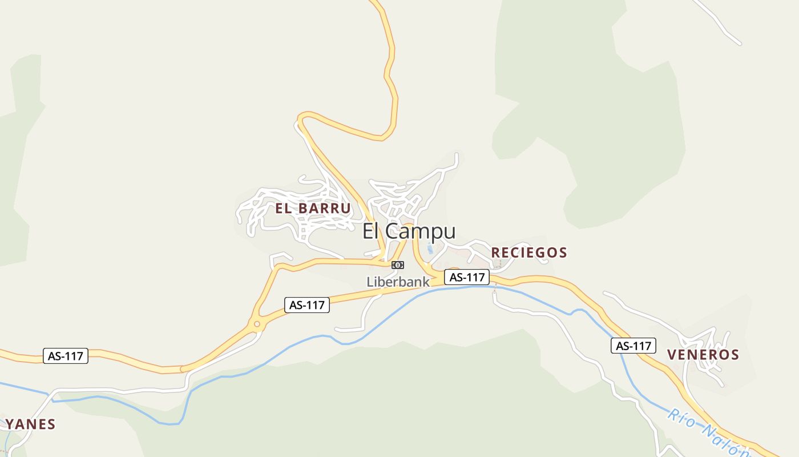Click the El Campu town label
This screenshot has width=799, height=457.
[409, 231]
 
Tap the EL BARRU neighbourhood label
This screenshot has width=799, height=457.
[313, 209]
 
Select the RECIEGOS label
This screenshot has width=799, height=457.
[529, 252]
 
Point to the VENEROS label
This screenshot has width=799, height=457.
[703, 355]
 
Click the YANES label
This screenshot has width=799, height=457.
[30, 424]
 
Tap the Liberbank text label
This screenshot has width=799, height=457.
[398, 282]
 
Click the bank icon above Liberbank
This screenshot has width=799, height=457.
[398, 265]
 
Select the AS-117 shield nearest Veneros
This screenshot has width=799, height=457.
[633, 346]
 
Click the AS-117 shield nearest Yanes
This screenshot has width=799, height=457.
[66, 356]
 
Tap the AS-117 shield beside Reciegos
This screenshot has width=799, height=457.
[467, 277]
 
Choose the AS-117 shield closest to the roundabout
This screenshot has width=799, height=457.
[307, 305]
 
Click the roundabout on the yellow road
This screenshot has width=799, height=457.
[257, 324]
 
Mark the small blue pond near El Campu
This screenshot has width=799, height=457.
[430, 249]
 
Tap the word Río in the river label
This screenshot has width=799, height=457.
[680, 418]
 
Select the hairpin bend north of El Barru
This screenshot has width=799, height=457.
[302, 119]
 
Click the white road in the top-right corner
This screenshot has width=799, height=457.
[719, 23]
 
